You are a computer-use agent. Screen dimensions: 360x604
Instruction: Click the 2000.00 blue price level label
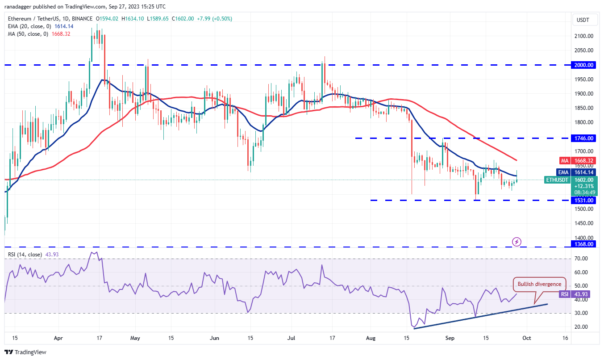584,65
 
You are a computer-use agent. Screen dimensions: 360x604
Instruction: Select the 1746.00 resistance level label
584,138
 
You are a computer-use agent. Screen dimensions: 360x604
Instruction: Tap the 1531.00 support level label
584,200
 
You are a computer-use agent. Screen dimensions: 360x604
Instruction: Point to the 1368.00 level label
584,244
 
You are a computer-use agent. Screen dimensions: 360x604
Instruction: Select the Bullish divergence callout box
539,284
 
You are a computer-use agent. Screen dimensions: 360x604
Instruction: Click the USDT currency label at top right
583,20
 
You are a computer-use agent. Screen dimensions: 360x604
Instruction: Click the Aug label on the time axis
371,338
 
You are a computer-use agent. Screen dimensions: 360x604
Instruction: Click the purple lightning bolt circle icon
517,242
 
